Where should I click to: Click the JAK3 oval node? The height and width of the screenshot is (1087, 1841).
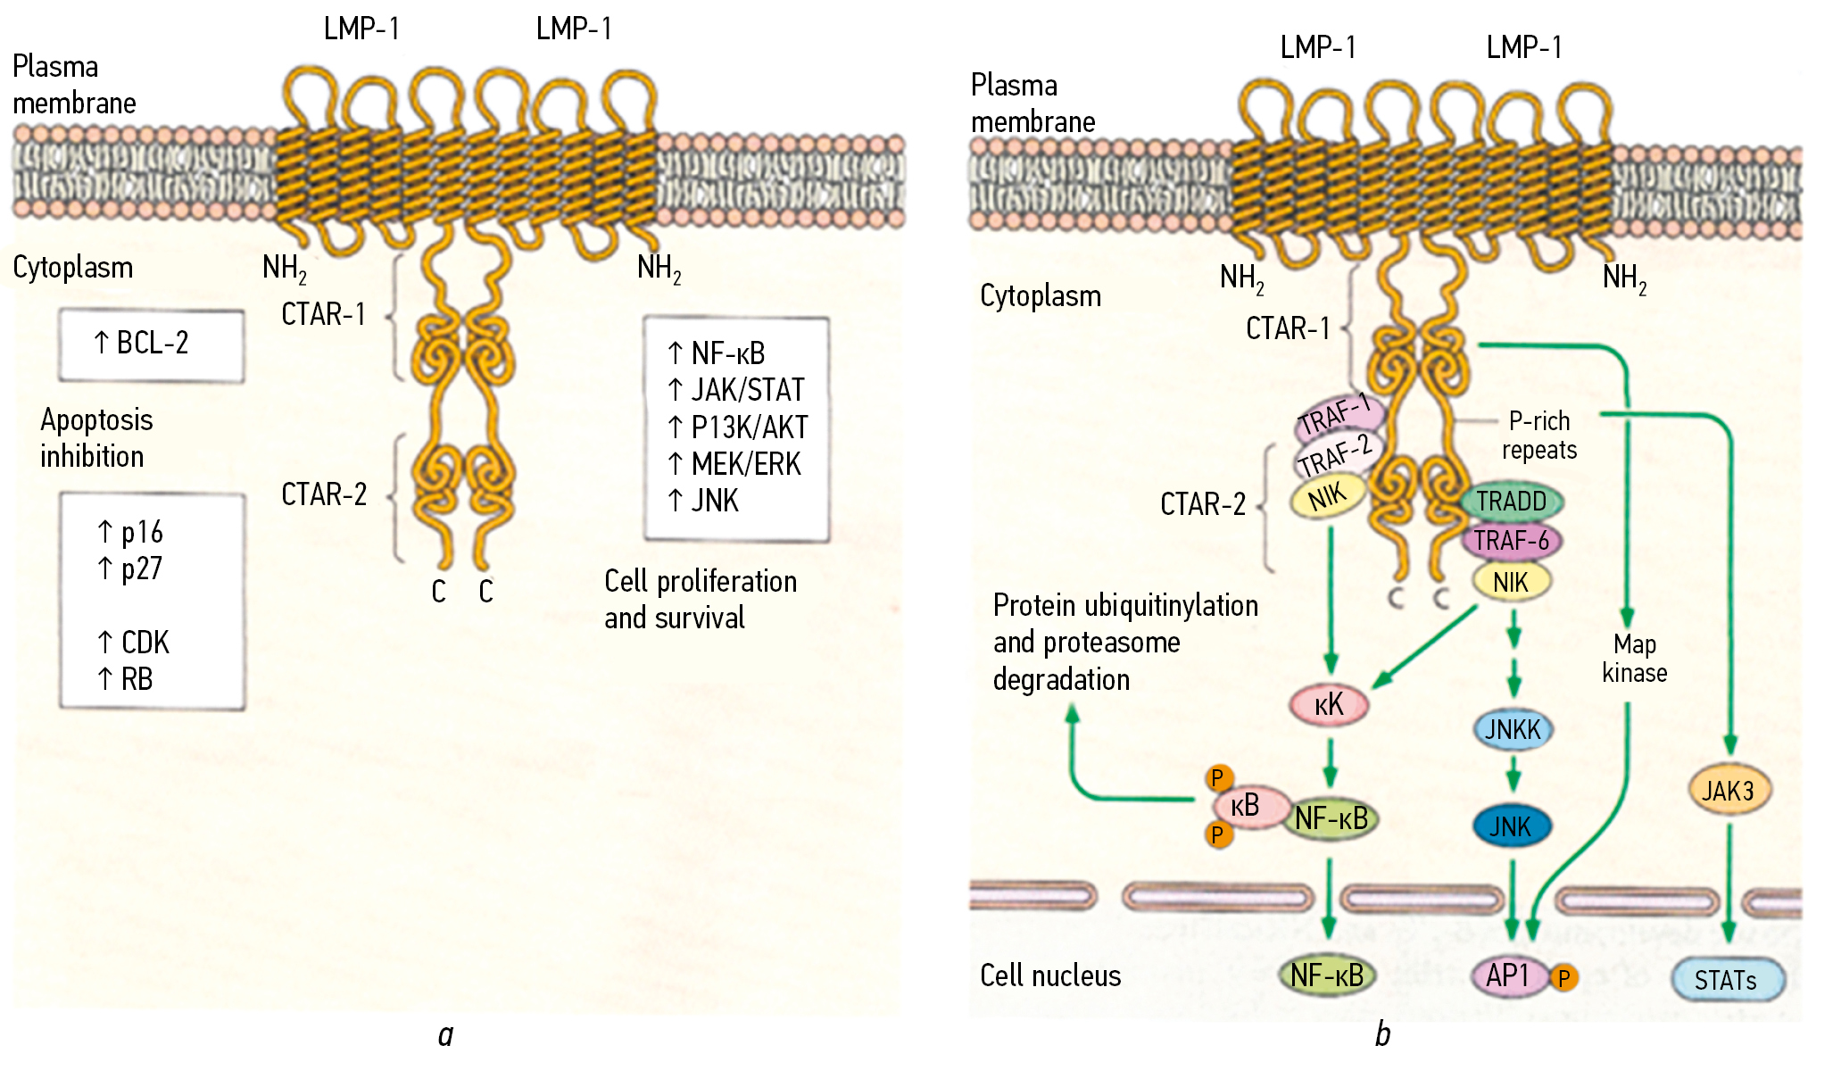[x=1729, y=790]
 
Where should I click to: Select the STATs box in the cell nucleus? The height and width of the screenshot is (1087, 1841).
[x=1727, y=980]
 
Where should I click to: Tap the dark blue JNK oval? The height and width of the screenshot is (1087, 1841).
[x=1511, y=826]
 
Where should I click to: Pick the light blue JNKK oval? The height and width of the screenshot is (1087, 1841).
[x=1513, y=729]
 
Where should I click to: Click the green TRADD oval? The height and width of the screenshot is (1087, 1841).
[x=1511, y=501]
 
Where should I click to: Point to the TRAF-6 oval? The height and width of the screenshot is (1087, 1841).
[x=1511, y=540]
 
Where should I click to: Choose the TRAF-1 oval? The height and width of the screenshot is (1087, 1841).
[x=1338, y=415]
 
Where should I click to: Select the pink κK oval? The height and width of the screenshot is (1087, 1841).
[x=1329, y=704]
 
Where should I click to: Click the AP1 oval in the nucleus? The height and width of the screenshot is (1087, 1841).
[x=1508, y=975]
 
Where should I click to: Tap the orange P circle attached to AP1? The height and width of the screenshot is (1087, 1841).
[x=1563, y=979]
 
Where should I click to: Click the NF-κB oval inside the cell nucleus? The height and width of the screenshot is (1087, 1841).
[x=1327, y=975]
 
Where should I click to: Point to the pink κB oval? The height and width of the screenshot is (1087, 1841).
[x=1246, y=806]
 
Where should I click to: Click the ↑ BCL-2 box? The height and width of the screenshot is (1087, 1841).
[x=151, y=344]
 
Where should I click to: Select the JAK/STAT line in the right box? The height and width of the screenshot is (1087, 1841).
[x=737, y=390]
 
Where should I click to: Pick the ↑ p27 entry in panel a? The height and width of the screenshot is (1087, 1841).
[x=130, y=568]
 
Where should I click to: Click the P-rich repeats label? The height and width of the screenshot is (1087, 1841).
[x=1538, y=435]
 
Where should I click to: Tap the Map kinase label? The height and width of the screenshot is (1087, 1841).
[x=1634, y=658]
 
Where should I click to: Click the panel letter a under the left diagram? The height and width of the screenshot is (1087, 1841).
[x=446, y=1034]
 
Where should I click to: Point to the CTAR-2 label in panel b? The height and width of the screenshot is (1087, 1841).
[x=1202, y=504]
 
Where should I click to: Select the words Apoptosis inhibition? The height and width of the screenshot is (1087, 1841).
[x=95, y=438]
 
